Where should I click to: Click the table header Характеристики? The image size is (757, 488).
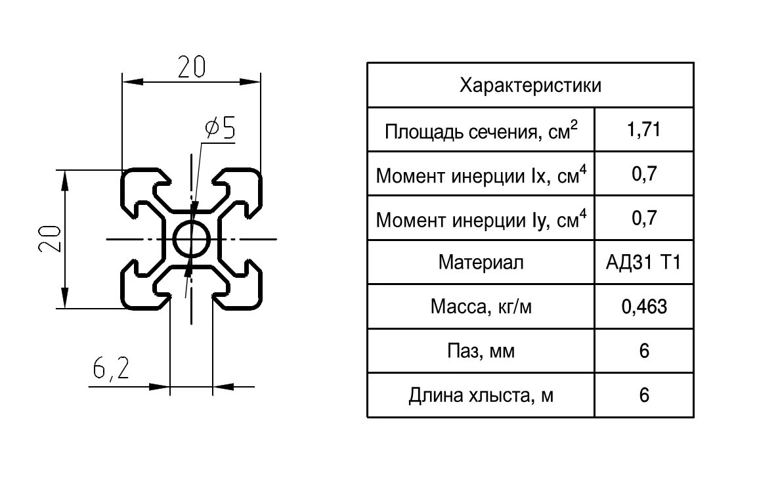[x=530, y=85]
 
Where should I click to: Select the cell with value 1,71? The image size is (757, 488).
[x=643, y=130]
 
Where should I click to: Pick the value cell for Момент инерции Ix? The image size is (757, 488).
[x=644, y=174]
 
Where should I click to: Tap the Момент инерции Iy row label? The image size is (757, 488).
[x=481, y=219]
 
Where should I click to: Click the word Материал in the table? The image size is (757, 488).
[x=481, y=263]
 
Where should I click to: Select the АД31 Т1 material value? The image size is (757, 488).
[x=643, y=263]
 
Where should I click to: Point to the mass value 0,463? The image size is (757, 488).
[x=643, y=307]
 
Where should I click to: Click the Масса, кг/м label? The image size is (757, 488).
[x=481, y=307]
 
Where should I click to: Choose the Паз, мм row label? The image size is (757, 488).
[x=481, y=351]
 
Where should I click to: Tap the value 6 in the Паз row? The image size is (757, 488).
[x=644, y=351]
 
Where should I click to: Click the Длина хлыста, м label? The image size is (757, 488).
[x=481, y=395]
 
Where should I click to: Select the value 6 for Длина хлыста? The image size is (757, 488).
[x=644, y=395]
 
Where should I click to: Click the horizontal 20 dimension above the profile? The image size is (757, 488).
[x=191, y=67]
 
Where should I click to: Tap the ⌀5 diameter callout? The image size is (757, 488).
[x=219, y=128]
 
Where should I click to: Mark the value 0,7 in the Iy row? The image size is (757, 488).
[x=644, y=218]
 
